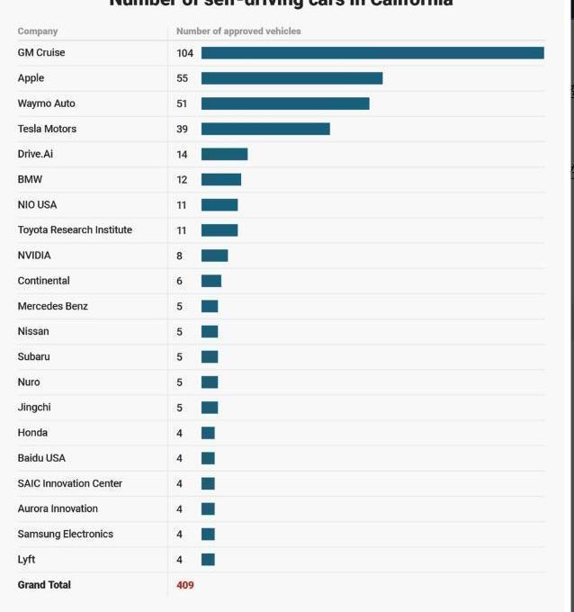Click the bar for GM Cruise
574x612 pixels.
tap(372, 53)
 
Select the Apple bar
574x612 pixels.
tap(291, 78)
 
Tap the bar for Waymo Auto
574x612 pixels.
tap(285, 103)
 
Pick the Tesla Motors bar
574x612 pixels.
tap(265, 129)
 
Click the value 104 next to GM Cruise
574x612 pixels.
tap(184, 53)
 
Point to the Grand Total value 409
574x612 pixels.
tap(185, 585)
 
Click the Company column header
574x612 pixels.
tap(38, 31)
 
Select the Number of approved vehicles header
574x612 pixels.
tap(238, 31)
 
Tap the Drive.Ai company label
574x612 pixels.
tap(35, 154)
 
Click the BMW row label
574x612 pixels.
tap(30, 179)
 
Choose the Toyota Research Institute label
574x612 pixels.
tap(75, 230)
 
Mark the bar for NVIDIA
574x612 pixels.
tap(214, 256)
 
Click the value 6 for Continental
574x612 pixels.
tap(180, 281)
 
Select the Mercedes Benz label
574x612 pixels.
tap(53, 306)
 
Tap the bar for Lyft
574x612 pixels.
tap(208, 560)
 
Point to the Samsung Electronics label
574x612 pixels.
tap(66, 534)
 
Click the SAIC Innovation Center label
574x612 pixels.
tap(70, 483)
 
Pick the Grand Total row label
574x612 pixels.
tap(44, 585)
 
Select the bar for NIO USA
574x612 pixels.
tap(220, 205)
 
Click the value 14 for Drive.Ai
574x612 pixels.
tap(182, 155)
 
